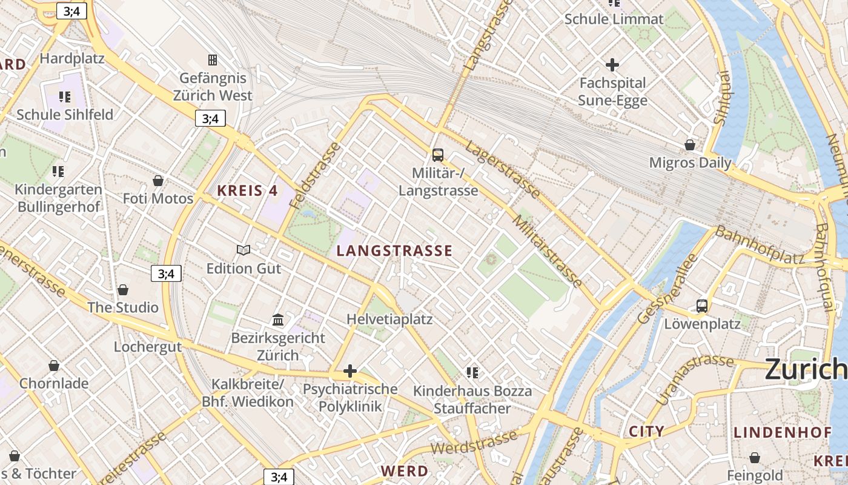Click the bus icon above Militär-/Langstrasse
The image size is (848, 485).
click(x=438, y=155)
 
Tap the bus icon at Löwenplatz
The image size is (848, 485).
click(x=702, y=306)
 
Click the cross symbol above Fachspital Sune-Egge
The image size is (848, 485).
click(x=612, y=64)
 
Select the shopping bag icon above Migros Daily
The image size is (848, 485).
click(x=690, y=144)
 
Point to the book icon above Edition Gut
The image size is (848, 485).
click(x=243, y=250)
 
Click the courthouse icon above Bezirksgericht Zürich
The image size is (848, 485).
click(x=278, y=319)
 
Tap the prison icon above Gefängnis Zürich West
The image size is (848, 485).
click(x=213, y=59)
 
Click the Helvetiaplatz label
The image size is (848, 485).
click(x=389, y=319)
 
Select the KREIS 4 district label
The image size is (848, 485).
click(x=247, y=191)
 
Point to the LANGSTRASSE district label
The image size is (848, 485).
click(x=394, y=251)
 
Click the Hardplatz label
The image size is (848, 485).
click(x=72, y=59)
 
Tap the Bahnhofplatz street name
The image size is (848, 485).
click(x=760, y=244)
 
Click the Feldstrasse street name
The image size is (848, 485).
click(x=316, y=176)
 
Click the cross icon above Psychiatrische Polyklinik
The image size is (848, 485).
click(x=350, y=371)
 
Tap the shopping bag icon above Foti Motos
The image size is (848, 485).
click(x=158, y=181)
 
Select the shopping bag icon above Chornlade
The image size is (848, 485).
click(x=54, y=366)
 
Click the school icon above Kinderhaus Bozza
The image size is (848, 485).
click(x=472, y=372)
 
